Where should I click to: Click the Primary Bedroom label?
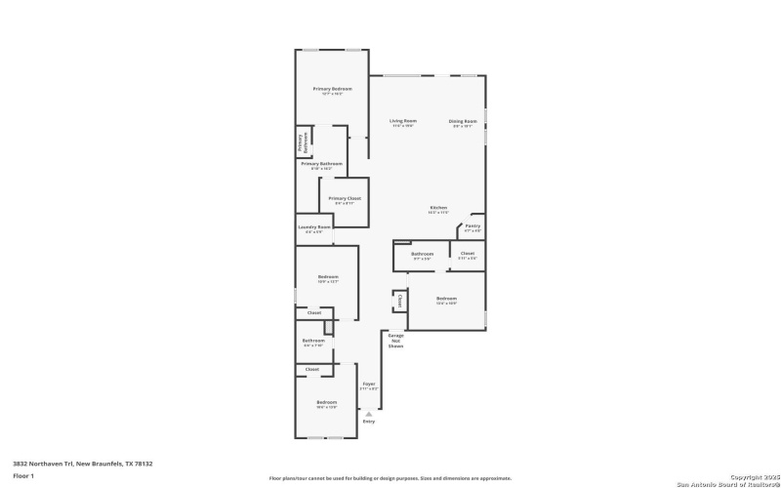[x=332, y=89]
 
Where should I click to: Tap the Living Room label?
[x=403, y=121]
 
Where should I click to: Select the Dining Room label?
[x=461, y=121]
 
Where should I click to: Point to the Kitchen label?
[x=438, y=207]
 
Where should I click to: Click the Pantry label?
[x=473, y=226]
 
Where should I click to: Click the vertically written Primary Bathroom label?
[x=303, y=142]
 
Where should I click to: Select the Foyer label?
[x=369, y=384]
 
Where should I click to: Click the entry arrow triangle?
[x=369, y=413]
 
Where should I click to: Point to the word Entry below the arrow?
[x=369, y=421]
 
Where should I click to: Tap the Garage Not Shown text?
[x=395, y=341]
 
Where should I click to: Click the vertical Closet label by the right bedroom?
[x=399, y=301]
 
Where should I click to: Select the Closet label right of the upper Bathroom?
[x=468, y=254]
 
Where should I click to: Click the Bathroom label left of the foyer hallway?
[x=313, y=341]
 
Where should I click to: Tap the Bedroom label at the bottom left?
[x=326, y=402]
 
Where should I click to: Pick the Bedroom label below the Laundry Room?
[x=328, y=277]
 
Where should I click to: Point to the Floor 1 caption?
[x=23, y=475]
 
